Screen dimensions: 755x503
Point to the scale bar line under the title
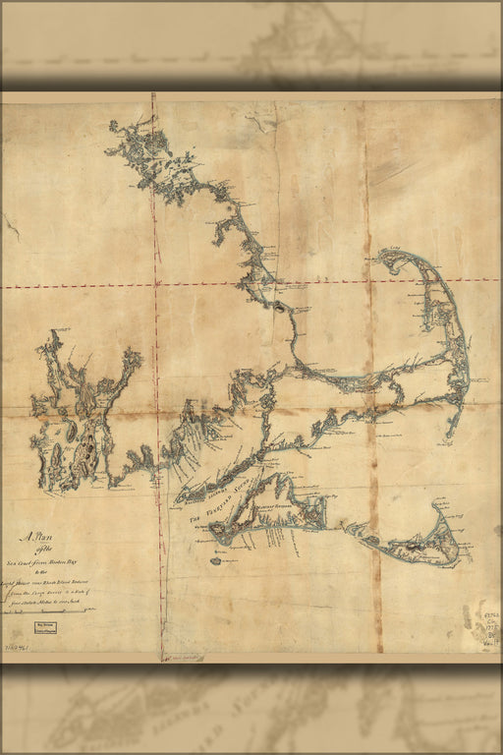(49, 611)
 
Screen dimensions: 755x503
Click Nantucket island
(418, 546)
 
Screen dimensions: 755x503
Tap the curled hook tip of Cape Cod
(386, 258)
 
